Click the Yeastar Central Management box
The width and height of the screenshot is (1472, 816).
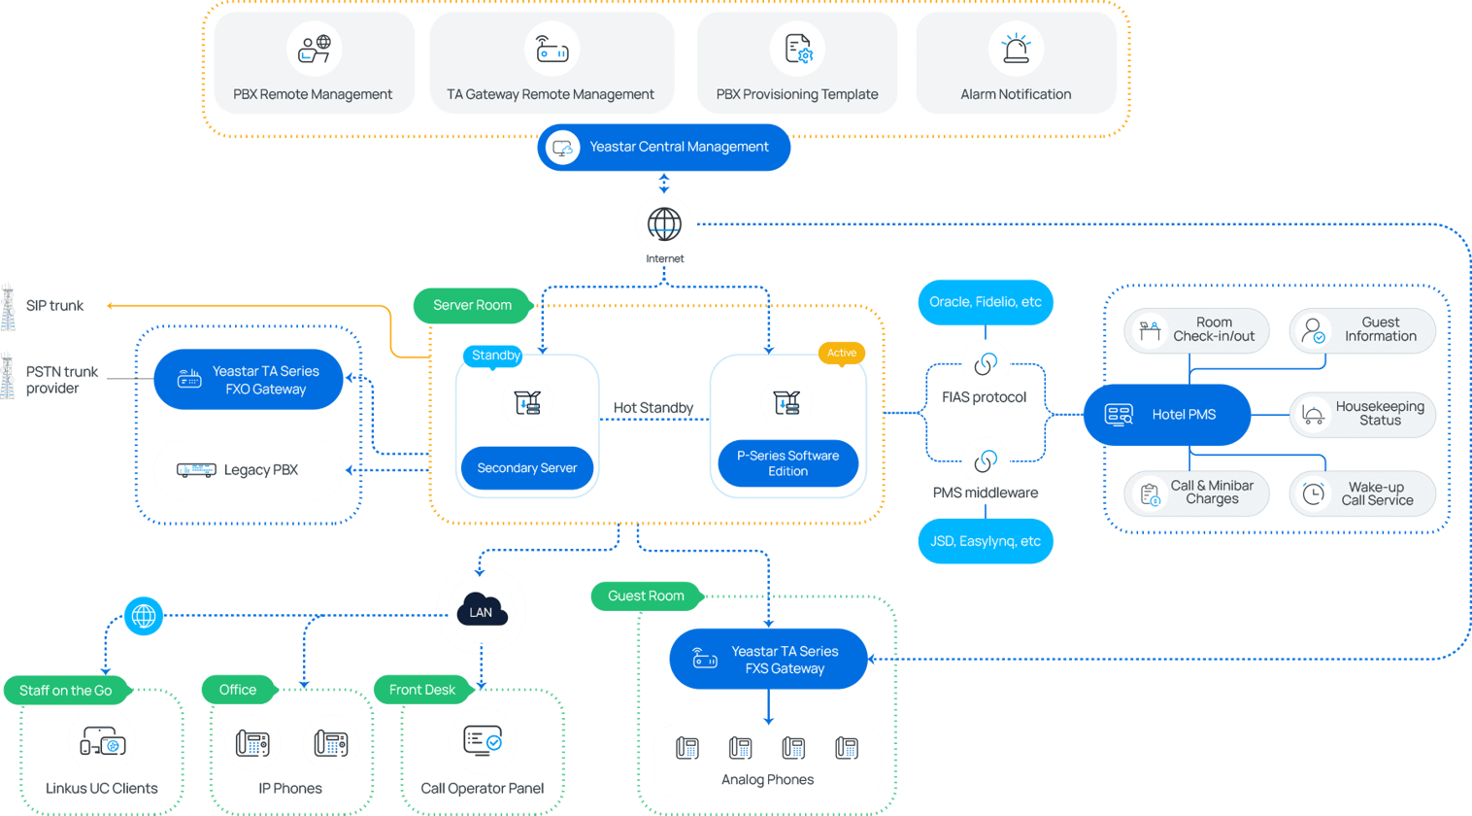[x=664, y=148]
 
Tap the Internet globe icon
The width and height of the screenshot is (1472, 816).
[x=664, y=224]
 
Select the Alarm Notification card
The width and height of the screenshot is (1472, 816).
[x=1016, y=63]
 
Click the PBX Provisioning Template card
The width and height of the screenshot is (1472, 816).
[x=796, y=63]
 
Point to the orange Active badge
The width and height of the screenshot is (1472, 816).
[x=841, y=353]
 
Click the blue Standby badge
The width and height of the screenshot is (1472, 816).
[x=494, y=356]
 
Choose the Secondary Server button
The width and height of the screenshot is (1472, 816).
[x=527, y=468]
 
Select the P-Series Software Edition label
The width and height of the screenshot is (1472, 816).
[x=787, y=463]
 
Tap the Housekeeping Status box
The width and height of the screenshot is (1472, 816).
[x=1361, y=414]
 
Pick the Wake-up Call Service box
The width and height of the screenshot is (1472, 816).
[x=1361, y=493]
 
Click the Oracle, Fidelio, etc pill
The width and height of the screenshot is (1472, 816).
[x=985, y=302]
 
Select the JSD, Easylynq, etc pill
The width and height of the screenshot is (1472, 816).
[x=985, y=541]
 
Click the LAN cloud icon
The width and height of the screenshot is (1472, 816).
[x=481, y=610]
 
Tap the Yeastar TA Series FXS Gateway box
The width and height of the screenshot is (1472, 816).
[x=767, y=660]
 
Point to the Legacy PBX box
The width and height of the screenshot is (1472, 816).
[x=249, y=470]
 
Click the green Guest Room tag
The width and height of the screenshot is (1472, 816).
[x=646, y=595]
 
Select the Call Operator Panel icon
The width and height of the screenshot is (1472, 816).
[x=482, y=741]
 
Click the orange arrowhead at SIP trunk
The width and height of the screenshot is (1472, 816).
[x=111, y=305]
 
